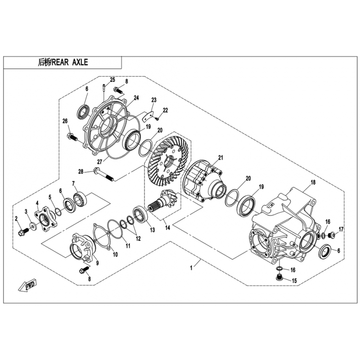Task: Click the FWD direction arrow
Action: click(x=27, y=285)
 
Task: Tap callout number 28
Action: click(x=81, y=171)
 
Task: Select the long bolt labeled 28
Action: click(x=103, y=174)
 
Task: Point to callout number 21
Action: click(x=220, y=158)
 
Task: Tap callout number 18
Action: click(x=313, y=182)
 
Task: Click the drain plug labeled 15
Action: click(x=279, y=277)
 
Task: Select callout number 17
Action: click(x=341, y=229)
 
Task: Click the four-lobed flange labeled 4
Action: click(x=45, y=219)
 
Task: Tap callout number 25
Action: click(x=112, y=80)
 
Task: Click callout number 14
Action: click(x=168, y=228)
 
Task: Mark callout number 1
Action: click(x=191, y=268)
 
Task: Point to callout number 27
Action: click(x=99, y=162)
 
